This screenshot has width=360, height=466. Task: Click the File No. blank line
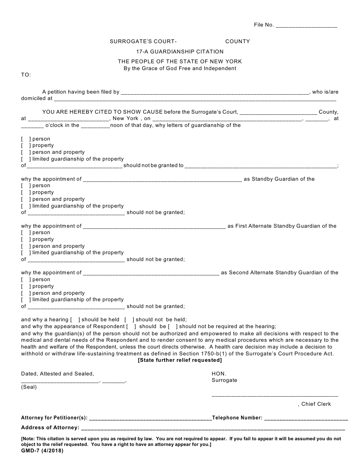point(306,25)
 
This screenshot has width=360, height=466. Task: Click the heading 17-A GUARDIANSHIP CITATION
point(180,52)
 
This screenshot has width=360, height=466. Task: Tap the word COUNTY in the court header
point(238,41)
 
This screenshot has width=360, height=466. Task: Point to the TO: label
point(26,75)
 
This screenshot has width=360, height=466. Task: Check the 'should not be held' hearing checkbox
point(129,320)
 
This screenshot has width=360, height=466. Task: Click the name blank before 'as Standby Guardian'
point(162,180)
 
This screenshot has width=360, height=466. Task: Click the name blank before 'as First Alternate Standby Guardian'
point(154,227)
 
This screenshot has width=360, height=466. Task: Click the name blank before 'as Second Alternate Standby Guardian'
point(151,273)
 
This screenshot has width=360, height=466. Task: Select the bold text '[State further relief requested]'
point(180,360)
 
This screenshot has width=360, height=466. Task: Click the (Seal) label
point(29,387)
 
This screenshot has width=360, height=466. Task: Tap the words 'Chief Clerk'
point(316,404)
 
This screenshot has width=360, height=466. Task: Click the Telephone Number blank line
point(306,418)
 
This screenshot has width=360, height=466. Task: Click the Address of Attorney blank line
point(213,428)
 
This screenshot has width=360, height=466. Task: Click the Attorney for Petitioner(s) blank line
point(150,418)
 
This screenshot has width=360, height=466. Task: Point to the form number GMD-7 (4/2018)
point(42,451)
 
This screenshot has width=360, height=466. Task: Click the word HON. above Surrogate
point(219,374)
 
